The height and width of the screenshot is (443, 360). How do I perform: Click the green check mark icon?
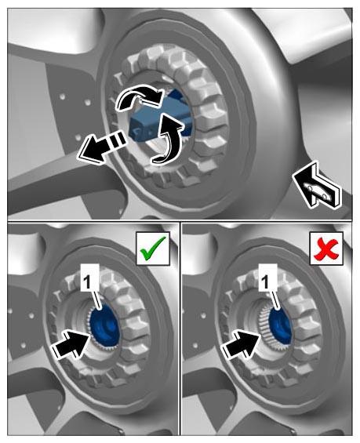pos(153,249)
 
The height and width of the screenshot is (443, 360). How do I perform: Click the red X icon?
pos(326,249)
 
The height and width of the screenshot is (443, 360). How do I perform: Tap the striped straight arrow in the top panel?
pos(102,147)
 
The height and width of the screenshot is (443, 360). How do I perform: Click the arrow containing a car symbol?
pos(317,184)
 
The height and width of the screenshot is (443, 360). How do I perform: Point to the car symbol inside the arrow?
pos(318,191)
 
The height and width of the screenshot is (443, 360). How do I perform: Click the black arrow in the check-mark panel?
pos(72,343)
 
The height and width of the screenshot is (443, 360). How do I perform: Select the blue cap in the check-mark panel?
pos(105,326)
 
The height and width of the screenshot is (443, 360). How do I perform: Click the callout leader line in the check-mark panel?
pos(97,300)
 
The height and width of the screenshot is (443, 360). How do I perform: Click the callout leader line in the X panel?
pos(275,300)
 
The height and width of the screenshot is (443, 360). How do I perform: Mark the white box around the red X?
pos(326,249)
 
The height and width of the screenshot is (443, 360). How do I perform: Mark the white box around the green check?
pos(153,249)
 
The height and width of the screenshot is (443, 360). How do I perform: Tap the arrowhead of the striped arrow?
pos(89,151)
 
